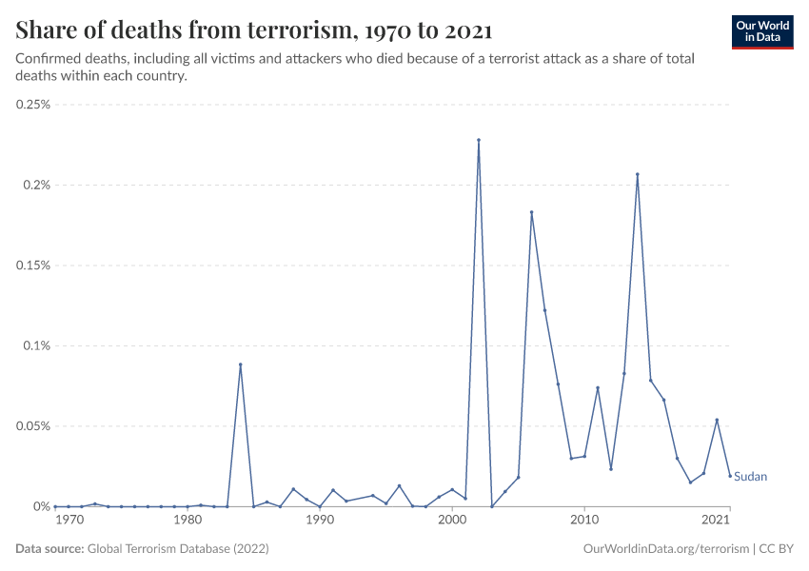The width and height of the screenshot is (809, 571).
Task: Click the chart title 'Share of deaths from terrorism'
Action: point(254,30)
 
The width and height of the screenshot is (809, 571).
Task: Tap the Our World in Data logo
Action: point(762,31)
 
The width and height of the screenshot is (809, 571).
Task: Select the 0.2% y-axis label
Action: point(36,185)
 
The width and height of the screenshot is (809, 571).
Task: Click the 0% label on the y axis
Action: point(40,506)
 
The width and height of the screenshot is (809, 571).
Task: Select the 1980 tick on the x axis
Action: point(187,522)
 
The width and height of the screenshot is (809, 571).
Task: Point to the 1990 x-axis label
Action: point(320,522)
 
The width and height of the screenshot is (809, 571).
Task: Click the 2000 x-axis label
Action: point(452,522)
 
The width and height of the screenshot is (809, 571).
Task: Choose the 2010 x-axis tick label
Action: point(584,522)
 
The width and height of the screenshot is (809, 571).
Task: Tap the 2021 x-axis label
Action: point(717,522)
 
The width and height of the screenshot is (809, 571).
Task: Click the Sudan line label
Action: point(750,476)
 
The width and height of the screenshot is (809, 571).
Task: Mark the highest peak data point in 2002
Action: point(479,140)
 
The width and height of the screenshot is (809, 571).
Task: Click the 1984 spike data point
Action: point(241,364)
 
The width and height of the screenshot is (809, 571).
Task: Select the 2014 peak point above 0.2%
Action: point(638,174)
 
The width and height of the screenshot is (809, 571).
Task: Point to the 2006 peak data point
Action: point(531,212)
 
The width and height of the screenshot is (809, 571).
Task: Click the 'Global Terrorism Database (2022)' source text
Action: point(178,549)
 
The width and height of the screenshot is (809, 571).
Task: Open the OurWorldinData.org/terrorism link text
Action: point(663,549)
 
